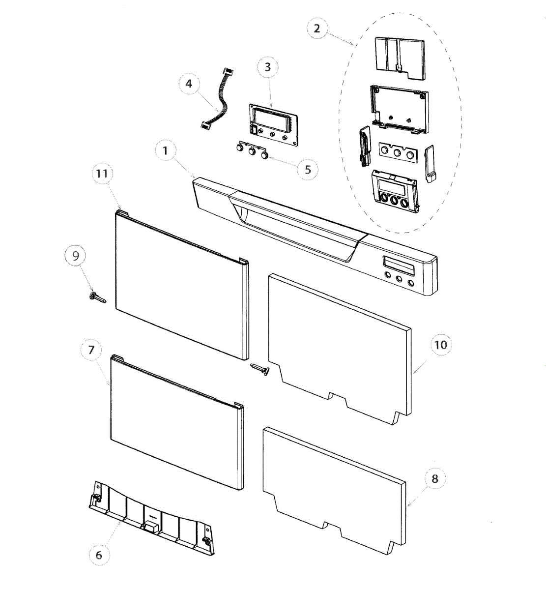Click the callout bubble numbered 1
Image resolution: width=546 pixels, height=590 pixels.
[165, 151]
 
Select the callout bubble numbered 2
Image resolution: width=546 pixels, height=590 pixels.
[316, 29]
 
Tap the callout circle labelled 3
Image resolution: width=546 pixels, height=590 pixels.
[267, 67]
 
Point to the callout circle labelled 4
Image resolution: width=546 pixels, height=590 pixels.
[189, 84]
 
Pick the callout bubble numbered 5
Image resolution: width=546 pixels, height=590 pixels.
[308, 170]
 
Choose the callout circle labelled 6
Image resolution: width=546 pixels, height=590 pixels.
[99, 555]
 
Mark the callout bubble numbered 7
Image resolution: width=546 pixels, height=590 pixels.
[91, 351]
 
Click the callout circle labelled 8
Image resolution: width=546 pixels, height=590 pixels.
[435, 478]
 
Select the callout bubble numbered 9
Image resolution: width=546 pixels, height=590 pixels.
[76, 256]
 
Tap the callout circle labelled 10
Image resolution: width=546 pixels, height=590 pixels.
[441, 345]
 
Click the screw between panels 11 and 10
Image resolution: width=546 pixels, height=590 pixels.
[260, 369]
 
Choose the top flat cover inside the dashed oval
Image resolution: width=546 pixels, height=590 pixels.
[400, 56]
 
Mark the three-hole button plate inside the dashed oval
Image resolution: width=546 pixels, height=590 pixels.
[397, 152]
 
